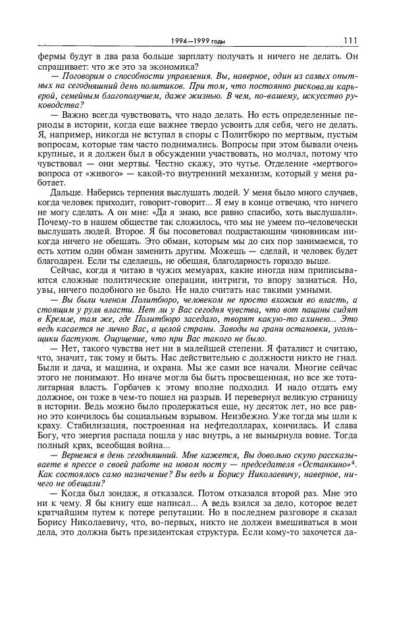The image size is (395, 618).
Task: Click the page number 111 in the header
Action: pyautogui.click(x=350, y=41)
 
